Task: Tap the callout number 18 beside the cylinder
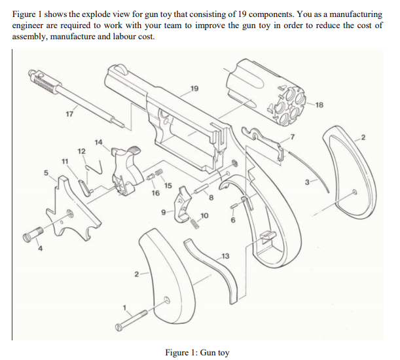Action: [x=319, y=104]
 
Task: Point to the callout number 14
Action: [x=98, y=142]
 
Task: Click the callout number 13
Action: [x=226, y=254]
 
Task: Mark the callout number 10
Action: [x=205, y=215]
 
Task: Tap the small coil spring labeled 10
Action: [x=194, y=223]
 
